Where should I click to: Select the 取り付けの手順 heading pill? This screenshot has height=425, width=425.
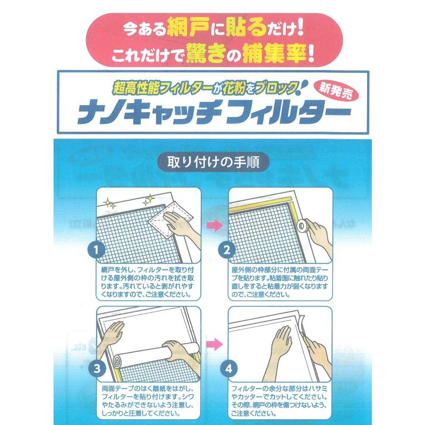click(212, 161)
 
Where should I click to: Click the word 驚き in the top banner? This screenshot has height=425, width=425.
click(208, 54)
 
